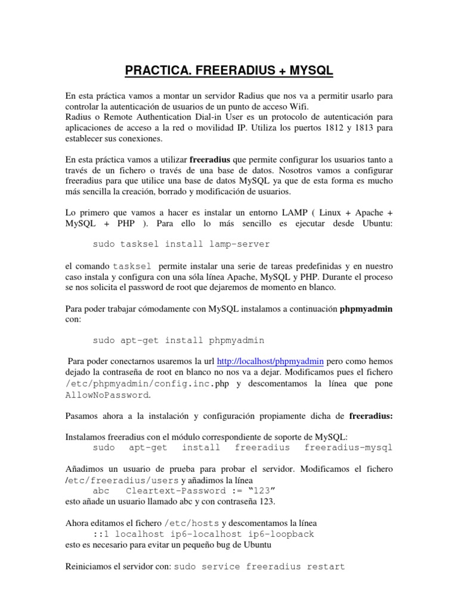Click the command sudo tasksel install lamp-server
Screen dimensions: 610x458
coord(181,244)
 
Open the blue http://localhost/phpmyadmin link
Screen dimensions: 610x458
coord(270,361)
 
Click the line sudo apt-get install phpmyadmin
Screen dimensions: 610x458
coord(178,340)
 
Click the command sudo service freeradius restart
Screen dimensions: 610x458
coord(259,567)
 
